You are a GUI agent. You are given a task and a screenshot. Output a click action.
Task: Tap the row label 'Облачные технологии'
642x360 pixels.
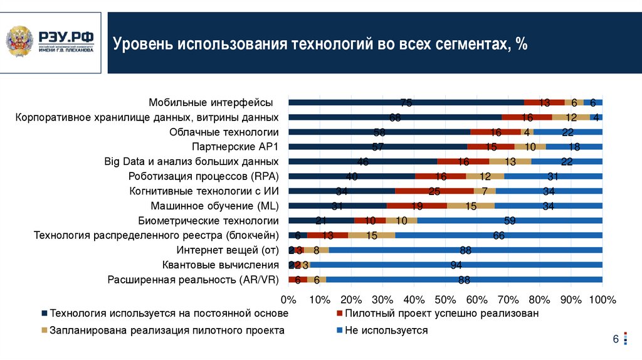pyautogui.click(x=224, y=132)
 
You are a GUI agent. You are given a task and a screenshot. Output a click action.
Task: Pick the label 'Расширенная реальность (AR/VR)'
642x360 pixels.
pyautogui.click(x=193, y=280)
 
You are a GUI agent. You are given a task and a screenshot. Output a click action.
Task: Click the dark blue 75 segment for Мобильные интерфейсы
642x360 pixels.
pyautogui.click(x=406, y=102)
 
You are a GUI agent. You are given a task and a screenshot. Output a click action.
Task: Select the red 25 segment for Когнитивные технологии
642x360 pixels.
pyautogui.click(x=434, y=191)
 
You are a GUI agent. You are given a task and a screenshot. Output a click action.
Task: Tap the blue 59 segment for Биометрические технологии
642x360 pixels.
pyautogui.click(x=510, y=220)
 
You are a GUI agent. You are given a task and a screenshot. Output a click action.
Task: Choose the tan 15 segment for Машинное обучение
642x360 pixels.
pyautogui.click(x=471, y=206)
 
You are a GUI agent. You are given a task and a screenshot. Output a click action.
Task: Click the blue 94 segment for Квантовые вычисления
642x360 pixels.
pyautogui.click(x=456, y=265)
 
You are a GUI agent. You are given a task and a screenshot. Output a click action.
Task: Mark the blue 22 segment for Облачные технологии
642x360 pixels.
pyautogui.click(x=568, y=132)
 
